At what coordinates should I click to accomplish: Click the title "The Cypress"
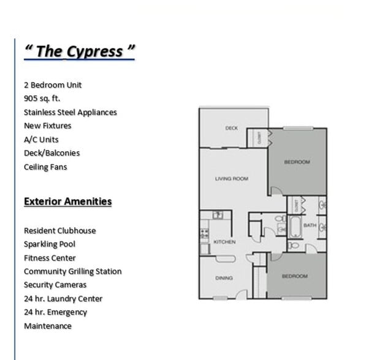[x=79, y=51]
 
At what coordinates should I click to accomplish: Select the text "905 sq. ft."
[x=42, y=99]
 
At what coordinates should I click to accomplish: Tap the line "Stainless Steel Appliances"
[x=70, y=112]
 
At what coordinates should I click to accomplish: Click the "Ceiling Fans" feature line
[x=45, y=167]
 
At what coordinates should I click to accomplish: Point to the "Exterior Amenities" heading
[x=67, y=201]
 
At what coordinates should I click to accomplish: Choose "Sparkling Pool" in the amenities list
[x=50, y=244]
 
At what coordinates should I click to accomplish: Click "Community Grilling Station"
[x=72, y=271]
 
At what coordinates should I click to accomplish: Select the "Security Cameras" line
[x=55, y=285]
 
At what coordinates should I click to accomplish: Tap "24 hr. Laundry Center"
[x=63, y=299]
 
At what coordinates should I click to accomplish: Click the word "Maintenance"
[x=48, y=326]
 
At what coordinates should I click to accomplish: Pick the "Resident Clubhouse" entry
[x=59, y=231]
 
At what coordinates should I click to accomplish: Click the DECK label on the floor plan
[x=231, y=129]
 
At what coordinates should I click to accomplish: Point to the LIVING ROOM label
[x=231, y=179]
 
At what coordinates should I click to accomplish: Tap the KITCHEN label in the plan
[x=224, y=242]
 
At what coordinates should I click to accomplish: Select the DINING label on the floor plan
[x=224, y=278]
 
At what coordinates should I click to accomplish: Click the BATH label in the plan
[x=310, y=225]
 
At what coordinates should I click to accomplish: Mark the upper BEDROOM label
[x=297, y=162]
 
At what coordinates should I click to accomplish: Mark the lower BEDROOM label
[x=295, y=276]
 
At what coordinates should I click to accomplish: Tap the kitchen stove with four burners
[x=204, y=233]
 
